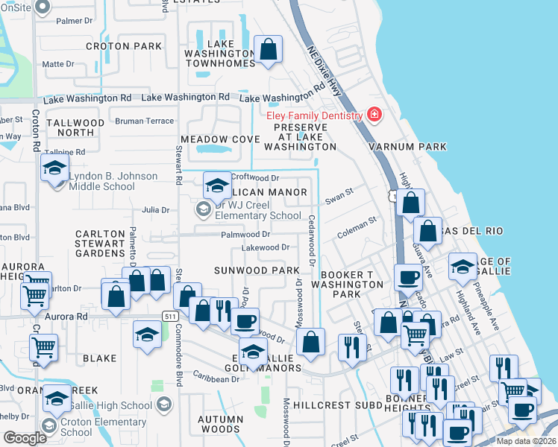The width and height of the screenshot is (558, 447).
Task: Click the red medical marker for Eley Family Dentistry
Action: (x=374, y=115)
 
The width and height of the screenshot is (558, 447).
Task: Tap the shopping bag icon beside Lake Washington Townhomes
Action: (x=269, y=51)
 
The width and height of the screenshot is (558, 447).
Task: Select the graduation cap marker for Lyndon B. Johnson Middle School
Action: (x=55, y=169)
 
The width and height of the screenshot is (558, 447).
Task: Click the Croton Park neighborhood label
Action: (x=124, y=46)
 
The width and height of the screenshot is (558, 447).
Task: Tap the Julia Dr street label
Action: (x=155, y=210)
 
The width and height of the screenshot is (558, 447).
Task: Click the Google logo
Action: (x=25, y=438)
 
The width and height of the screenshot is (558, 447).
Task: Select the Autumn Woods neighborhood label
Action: (x=220, y=424)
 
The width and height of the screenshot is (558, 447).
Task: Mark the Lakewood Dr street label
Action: (x=264, y=247)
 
